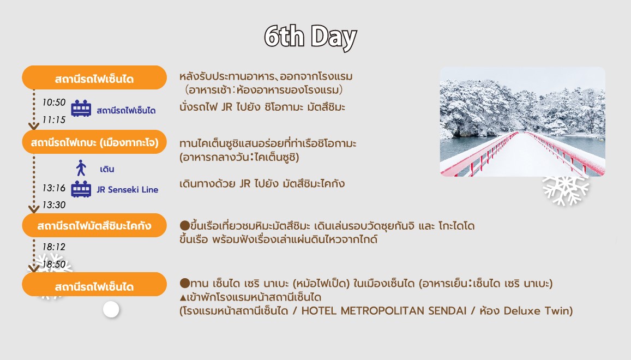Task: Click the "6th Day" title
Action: click(310, 37)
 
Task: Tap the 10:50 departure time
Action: click(54, 103)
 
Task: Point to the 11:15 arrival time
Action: click(54, 119)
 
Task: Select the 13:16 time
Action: click(54, 188)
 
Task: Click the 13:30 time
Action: click(54, 205)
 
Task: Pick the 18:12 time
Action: click(54, 247)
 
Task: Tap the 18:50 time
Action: click(54, 264)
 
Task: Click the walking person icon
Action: click(81, 168)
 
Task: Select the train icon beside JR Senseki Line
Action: click(81, 189)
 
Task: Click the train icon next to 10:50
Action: click(81, 109)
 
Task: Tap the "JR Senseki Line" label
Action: click(127, 190)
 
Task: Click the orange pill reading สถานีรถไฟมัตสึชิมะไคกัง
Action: click(94, 225)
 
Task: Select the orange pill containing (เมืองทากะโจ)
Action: click(94, 142)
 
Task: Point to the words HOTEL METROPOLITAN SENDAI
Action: click(384, 311)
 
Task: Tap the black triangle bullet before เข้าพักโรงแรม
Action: click(183, 298)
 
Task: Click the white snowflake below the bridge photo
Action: click(566, 190)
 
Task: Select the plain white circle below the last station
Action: click(111, 310)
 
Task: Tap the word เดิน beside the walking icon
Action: click(107, 169)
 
